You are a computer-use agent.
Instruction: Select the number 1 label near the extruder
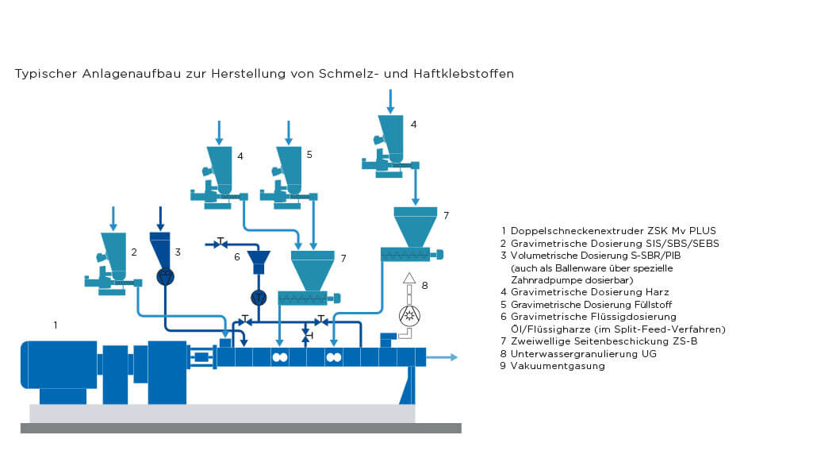click(55, 325)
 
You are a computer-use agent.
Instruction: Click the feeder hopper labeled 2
click(114, 250)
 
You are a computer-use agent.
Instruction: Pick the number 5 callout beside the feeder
click(309, 155)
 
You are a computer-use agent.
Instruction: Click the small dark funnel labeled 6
click(258, 260)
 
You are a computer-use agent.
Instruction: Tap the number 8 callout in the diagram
click(424, 284)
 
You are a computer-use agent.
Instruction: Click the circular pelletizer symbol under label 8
click(409, 315)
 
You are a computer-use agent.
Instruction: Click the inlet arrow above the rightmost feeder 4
click(389, 100)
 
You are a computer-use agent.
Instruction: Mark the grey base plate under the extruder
click(222, 414)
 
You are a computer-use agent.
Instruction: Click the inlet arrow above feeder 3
click(161, 216)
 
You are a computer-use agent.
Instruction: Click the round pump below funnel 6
click(258, 298)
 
